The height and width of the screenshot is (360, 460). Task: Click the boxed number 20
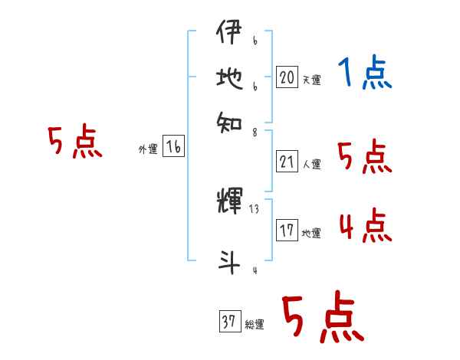pos(287,77)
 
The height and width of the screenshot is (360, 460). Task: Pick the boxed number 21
pos(287,161)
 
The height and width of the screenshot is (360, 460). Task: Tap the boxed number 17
pos(287,231)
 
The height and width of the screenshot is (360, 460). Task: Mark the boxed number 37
pos(228,322)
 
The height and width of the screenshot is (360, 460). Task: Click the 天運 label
pos(312,80)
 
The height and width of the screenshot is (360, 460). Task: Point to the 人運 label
pos(312,164)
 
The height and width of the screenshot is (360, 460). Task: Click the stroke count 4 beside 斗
pos(254,270)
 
